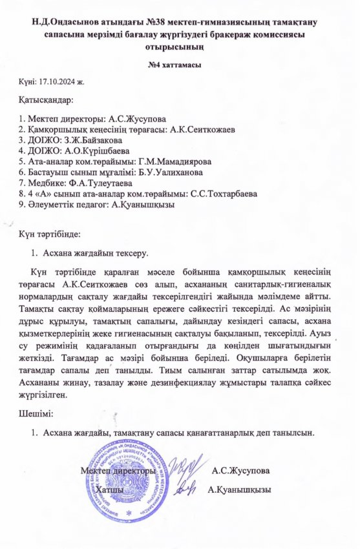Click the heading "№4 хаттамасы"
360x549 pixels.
tap(179, 65)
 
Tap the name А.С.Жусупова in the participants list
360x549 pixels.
tap(139, 119)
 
